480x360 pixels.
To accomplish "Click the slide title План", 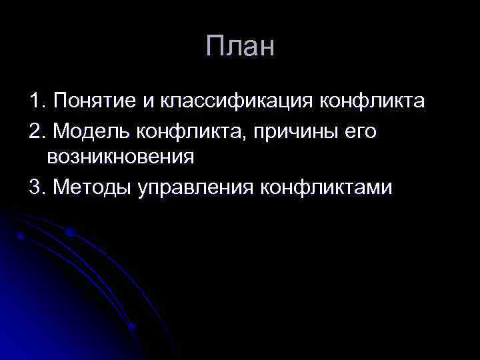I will click(239, 47).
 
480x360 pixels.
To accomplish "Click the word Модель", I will click(93, 131).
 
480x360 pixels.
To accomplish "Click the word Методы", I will click(93, 187).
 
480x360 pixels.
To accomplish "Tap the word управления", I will click(195, 187).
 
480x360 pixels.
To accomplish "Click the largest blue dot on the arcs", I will click(69, 232).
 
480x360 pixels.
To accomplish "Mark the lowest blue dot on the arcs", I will click(132, 327).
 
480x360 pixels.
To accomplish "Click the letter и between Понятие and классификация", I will click(147, 103).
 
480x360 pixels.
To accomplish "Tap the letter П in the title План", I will click(216, 47).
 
